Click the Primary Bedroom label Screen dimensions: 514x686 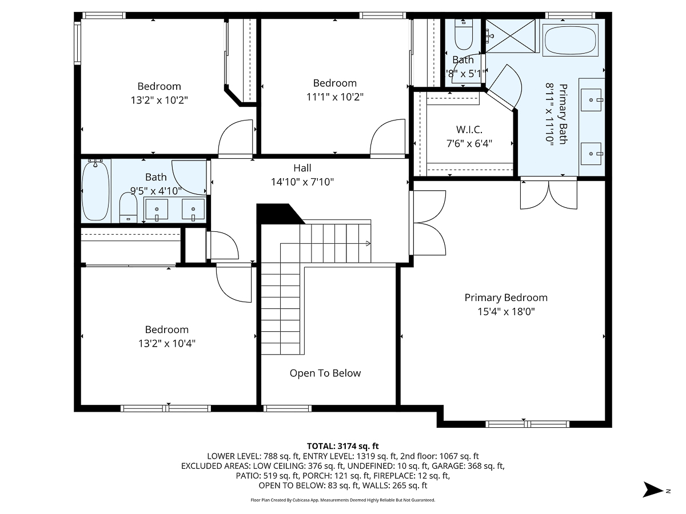505,298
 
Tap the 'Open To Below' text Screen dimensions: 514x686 325,374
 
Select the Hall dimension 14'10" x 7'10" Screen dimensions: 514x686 302,182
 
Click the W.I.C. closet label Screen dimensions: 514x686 469,130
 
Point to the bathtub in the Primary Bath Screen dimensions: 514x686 571,40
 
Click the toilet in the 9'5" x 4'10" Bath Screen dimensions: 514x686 128,207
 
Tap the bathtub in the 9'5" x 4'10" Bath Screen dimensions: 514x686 95,191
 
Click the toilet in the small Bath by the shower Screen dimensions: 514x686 463,35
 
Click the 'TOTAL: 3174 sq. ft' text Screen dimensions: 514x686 343,445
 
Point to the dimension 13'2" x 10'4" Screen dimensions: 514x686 166,344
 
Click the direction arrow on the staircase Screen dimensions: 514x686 367,244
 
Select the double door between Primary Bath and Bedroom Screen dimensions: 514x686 547,194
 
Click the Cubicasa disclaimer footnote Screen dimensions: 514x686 343,500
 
